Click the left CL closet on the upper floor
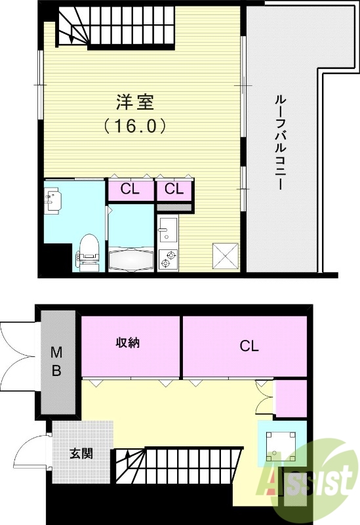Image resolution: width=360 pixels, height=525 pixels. pos(130,190)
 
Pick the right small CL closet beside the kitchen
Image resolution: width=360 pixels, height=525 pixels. pos(174,190)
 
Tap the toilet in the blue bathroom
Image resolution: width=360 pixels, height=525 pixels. pos(88,251)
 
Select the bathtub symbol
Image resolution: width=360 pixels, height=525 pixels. pos(132,259)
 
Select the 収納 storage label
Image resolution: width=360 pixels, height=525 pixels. pos(130,343)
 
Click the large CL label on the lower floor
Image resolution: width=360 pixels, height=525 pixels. pos(249,346)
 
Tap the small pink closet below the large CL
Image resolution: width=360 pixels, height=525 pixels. pos(290,398)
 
